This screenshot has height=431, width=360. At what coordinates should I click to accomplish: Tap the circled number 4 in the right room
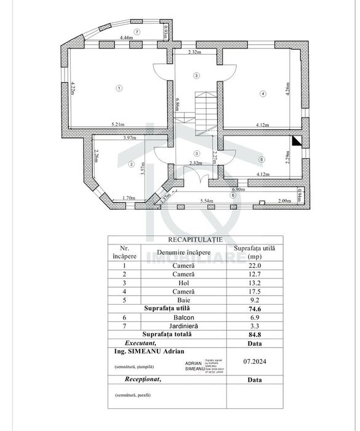click(263, 94)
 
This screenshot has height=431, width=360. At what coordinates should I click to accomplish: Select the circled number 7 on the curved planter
click(137, 31)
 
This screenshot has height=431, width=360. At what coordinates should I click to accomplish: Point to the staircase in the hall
click(202, 111)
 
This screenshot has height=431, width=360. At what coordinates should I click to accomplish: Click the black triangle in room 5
click(297, 141)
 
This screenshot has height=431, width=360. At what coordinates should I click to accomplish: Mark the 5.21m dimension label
click(118, 125)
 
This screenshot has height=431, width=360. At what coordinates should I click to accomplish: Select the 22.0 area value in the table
click(252, 266)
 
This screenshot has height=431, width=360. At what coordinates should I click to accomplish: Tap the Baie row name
click(183, 300)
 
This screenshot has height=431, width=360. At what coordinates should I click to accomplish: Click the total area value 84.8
click(252, 334)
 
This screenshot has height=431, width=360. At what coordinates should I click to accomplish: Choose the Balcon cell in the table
click(183, 317)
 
